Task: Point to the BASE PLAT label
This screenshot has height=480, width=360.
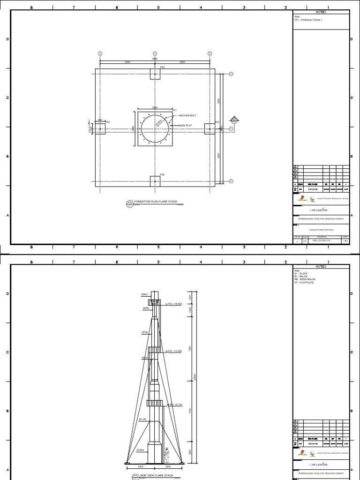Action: coord(185,126)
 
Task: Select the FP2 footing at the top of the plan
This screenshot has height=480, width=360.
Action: coord(155,75)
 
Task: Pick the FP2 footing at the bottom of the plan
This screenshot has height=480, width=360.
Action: coord(155,181)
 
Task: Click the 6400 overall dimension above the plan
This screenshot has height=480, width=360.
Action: coord(155,59)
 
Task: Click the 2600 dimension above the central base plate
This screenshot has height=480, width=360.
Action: coord(155,107)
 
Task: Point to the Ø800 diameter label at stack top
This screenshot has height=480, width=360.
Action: coord(144,294)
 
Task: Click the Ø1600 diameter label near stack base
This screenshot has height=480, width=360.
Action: coord(140,450)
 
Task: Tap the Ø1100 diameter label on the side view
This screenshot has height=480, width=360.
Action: coord(142,419)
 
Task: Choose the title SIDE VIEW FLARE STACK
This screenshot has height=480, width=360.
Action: coord(157,475)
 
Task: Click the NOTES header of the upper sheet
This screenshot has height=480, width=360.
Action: coord(321,12)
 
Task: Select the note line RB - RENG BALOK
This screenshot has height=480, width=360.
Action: coord(305,279)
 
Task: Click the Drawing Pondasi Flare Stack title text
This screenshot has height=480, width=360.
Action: coord(321,230)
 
